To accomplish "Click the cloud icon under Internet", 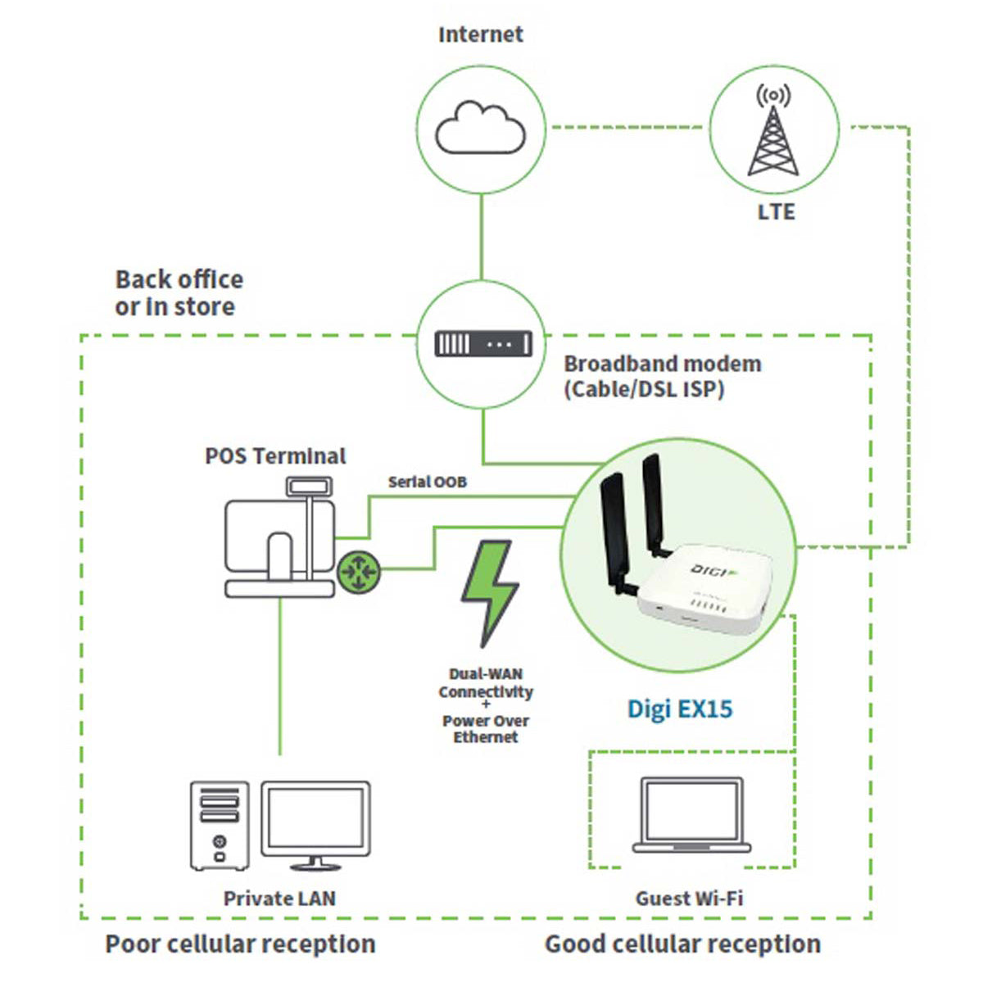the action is [480, 128].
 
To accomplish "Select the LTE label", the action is [776, 211].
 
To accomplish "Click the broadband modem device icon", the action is [483, 343].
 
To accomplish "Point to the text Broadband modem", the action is [662, 364].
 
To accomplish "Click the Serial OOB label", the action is [428, 482].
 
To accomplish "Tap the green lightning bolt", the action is [490, 593].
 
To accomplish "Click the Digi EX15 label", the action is [679, 709].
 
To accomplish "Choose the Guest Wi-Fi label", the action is [689, 899].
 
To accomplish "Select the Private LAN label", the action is [279, 899].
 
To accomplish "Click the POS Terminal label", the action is [275, 456].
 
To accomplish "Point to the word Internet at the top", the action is [481, 34].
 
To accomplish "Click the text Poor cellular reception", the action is [240, 944].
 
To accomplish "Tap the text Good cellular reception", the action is [683, 944].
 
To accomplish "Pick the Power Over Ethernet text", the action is [486, 728].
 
